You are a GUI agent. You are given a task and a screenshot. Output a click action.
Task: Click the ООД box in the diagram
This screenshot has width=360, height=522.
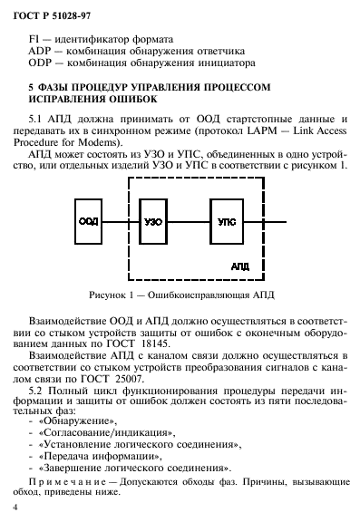click(x=89, y=220)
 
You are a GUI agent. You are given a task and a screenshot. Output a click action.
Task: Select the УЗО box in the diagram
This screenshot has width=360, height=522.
click(x=154, y=220)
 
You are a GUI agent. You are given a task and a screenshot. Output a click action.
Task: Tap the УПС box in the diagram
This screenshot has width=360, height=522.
click(x=227, y=220)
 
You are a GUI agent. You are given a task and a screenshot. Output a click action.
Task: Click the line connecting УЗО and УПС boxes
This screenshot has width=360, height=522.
click(x=190, y=220)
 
